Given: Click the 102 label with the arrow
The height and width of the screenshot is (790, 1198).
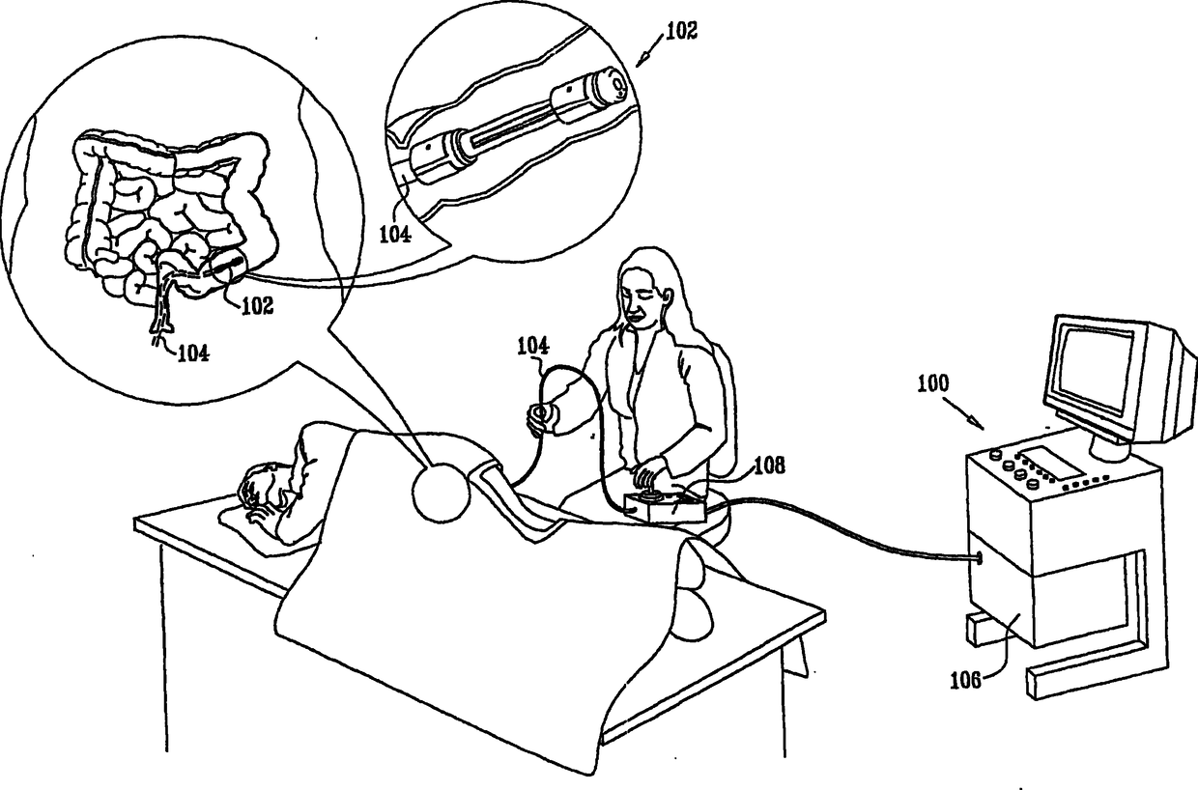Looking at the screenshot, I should point(681,29).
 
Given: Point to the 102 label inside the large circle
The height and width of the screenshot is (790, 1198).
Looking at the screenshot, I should point(257,306).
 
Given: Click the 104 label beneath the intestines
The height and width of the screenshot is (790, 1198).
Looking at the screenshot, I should point(192,353).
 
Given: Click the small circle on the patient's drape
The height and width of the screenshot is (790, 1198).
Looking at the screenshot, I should point(441,493).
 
